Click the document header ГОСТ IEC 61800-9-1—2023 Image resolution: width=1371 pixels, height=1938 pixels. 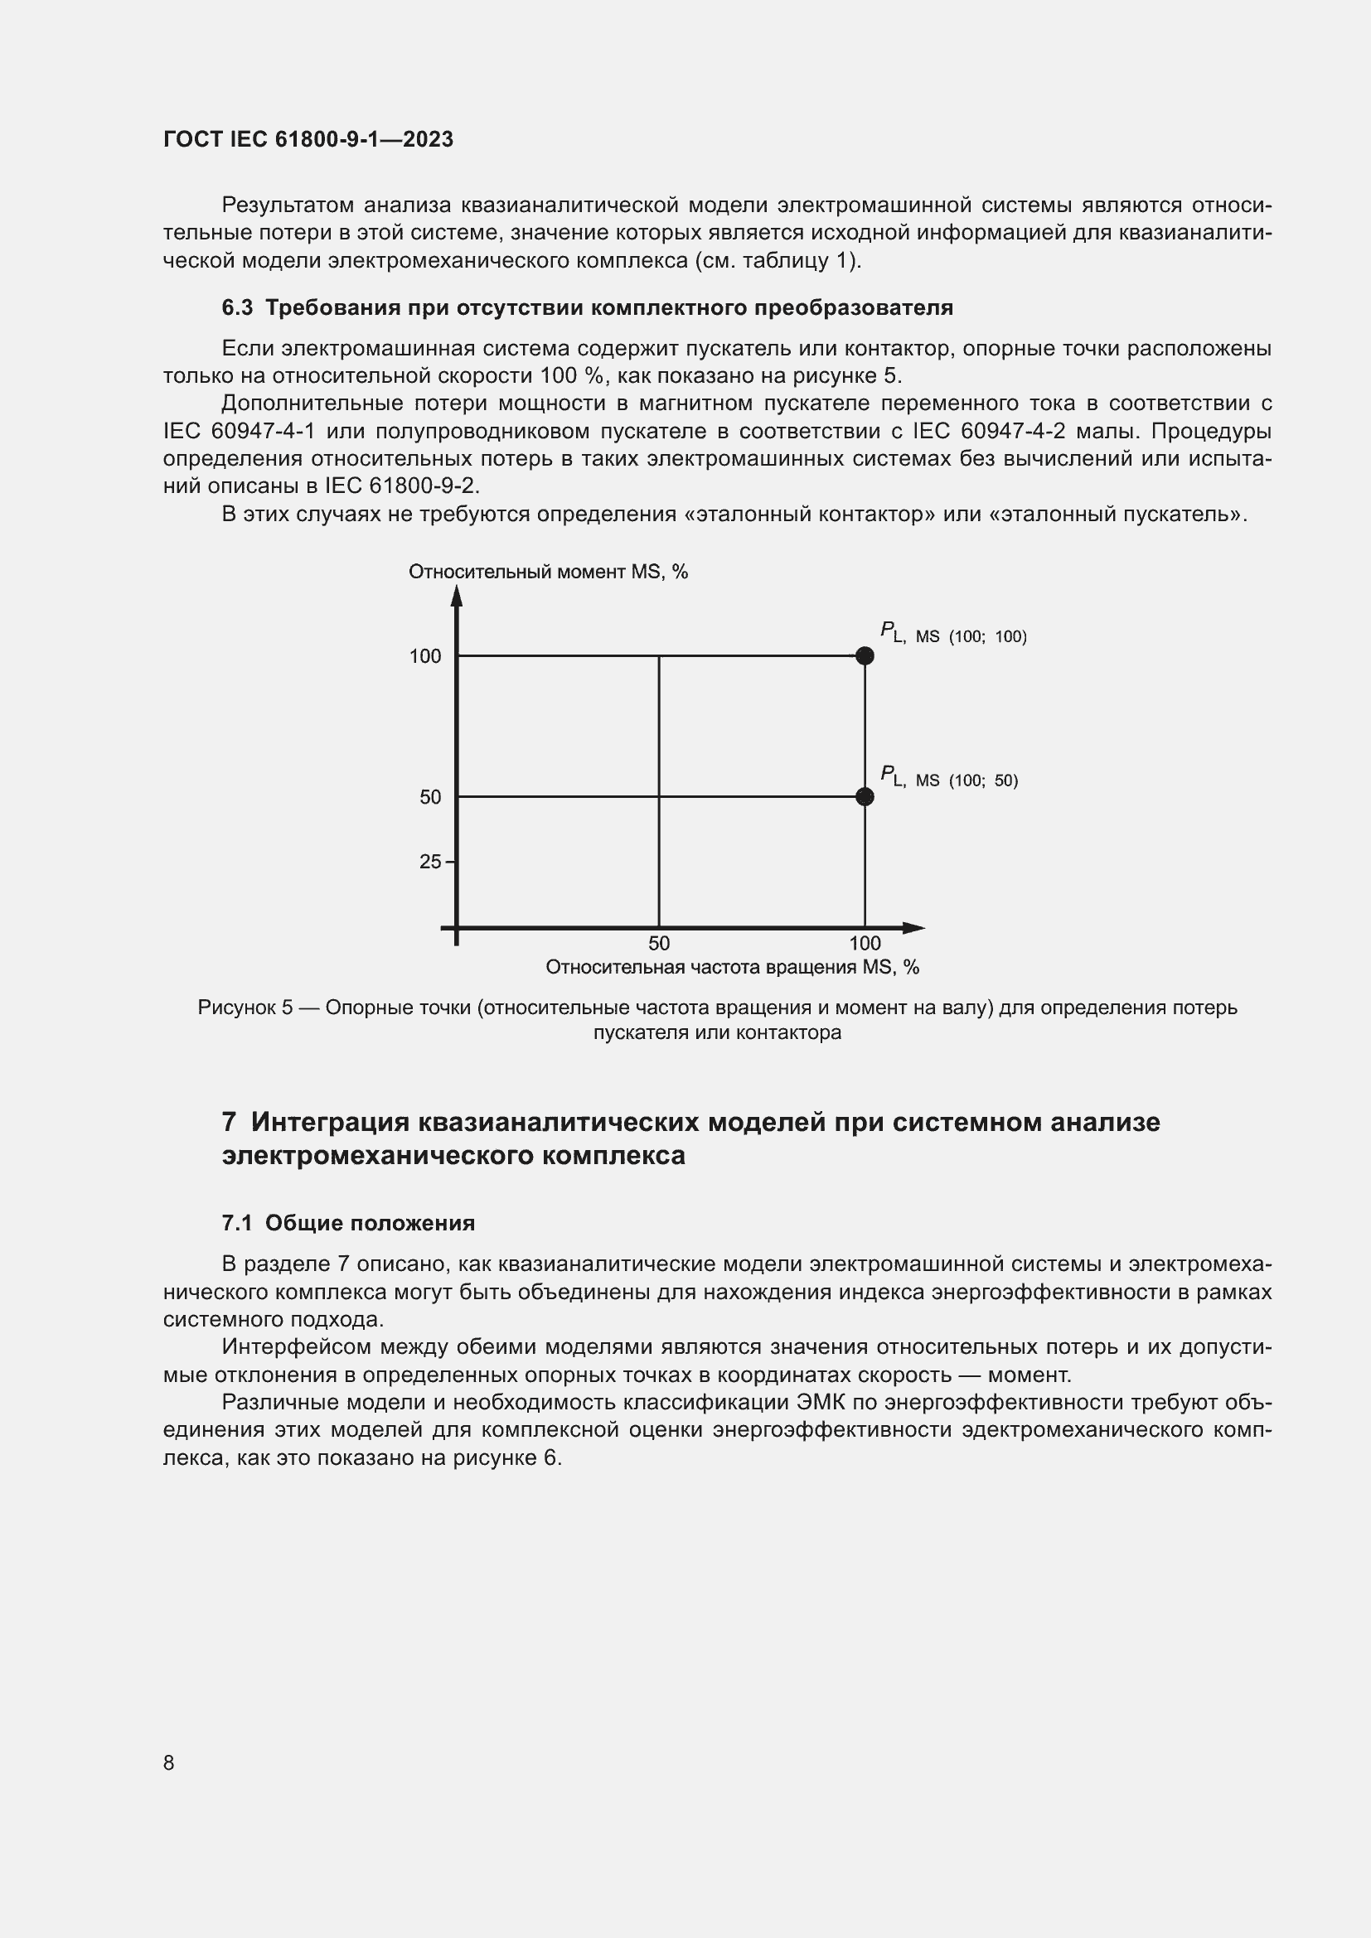[x=308, y=139]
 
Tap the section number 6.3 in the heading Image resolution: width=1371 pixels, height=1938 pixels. [x=237, y=308]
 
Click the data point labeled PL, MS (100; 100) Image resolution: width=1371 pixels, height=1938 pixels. [x=865, y=656]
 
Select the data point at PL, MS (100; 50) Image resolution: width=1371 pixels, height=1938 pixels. [x=865, y=796]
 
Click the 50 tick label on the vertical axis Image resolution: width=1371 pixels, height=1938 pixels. [x=430, y=797]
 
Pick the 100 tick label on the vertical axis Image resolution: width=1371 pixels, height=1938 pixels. [x=425, y=657]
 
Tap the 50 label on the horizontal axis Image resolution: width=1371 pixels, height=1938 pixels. [x=658, y=944]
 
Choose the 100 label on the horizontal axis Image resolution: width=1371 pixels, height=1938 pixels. [x=865, y=944]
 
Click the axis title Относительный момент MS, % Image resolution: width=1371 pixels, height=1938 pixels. [x=548, y=573]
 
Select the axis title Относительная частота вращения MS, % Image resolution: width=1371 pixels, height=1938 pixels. [x=732, y=967]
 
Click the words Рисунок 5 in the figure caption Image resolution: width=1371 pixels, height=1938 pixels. [x=245, y=1008]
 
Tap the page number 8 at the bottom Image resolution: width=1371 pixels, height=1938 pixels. [x=169, y=1762]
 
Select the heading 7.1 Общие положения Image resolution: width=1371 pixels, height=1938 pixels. [x=348, y=1223]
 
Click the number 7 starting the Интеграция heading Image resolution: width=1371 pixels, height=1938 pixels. [x=229, y=1123]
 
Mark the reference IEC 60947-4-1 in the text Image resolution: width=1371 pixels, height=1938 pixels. [x=239, y=432]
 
